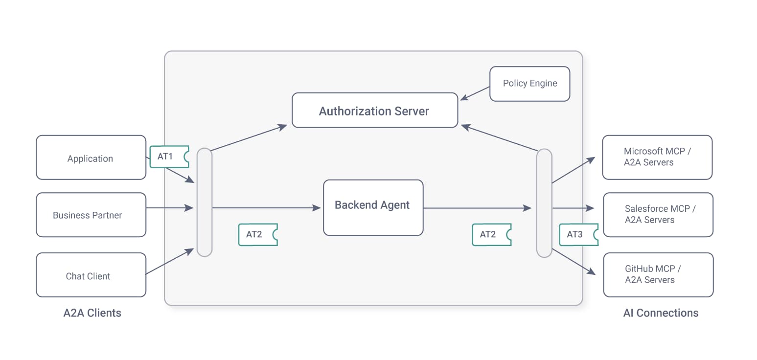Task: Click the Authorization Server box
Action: point(374,111)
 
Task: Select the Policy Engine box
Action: point(529,84)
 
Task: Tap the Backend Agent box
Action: point(373,207)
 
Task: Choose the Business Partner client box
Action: point(91,215)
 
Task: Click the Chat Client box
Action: point(91,275)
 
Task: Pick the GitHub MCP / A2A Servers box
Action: point(658,274)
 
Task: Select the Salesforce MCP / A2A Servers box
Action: point(658,214)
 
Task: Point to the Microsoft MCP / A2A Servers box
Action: point(657,157)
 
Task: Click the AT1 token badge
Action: point(169,157)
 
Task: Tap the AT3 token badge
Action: point(578,234)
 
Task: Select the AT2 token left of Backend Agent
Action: point(257,234)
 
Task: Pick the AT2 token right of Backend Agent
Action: point(491,234)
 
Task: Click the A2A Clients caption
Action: point(92,313)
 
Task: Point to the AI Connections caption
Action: point(661,313)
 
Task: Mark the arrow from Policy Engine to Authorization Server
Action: point(475,93)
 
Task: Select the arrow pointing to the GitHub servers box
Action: point(573,263)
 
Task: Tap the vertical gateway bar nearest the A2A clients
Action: point(204,202)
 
